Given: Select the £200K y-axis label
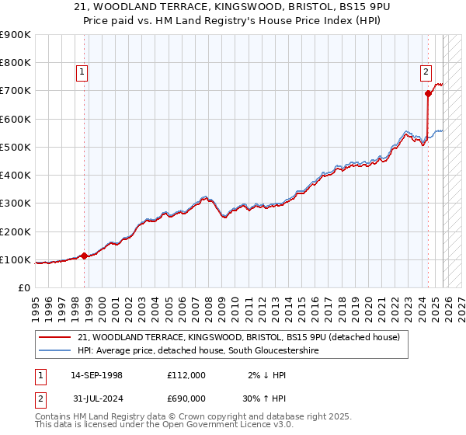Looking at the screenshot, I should click(17, 231).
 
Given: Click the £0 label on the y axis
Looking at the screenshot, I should click(24, 288).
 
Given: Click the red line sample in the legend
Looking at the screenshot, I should click(55, 337).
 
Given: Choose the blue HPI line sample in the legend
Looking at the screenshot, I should click(55, 351).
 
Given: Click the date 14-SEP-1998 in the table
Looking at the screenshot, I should click(96, 375).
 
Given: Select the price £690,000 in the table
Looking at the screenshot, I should click(186, 398).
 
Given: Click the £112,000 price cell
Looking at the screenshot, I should click(186, 375).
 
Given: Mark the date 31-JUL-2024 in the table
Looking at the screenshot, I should click(96, 398).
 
